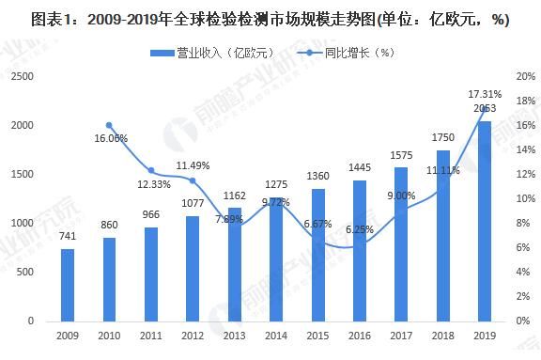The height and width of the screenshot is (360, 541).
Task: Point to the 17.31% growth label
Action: pos(485,94)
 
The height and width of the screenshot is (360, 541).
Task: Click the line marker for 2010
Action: pos(109,125)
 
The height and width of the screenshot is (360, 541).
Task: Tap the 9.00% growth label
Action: pos(402,196)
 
